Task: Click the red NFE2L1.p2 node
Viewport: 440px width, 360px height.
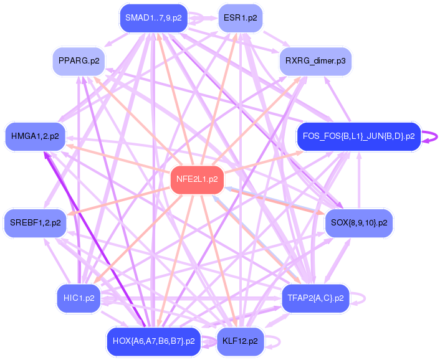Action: pyautogui.click(x=197, y=179)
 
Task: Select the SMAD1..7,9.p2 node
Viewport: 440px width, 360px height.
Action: pyautogui.click(x=153, y=17)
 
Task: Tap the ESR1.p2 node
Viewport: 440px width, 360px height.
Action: pyautogui.click(x=240, y=18)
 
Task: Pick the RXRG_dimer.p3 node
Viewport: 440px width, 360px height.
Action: pyautogui.click(x=315, y=61)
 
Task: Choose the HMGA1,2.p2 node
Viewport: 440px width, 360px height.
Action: pyautogui.click(x=35, y=135)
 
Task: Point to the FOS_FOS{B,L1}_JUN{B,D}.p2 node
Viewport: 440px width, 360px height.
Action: pyautogui.click(x=358, y=136)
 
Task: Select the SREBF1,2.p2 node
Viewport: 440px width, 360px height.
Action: pyautogui.click(x=35, y=222)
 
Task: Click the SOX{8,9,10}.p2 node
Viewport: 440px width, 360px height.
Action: pyautogui.click(x=358, y=222)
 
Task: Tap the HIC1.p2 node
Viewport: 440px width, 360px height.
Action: pyautogui.click(x=79, y=298)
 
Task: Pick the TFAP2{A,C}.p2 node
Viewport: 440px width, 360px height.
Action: pyautogui.click(x=315, y=298)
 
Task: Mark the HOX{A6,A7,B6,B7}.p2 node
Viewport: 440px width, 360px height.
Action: pyautogui.click(x=153, y=341)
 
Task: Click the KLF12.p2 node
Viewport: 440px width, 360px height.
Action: pyautogui.click(x=240, y=341)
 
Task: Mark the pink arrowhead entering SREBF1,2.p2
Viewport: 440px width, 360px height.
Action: pyautogui.click(x=69, y=216)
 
